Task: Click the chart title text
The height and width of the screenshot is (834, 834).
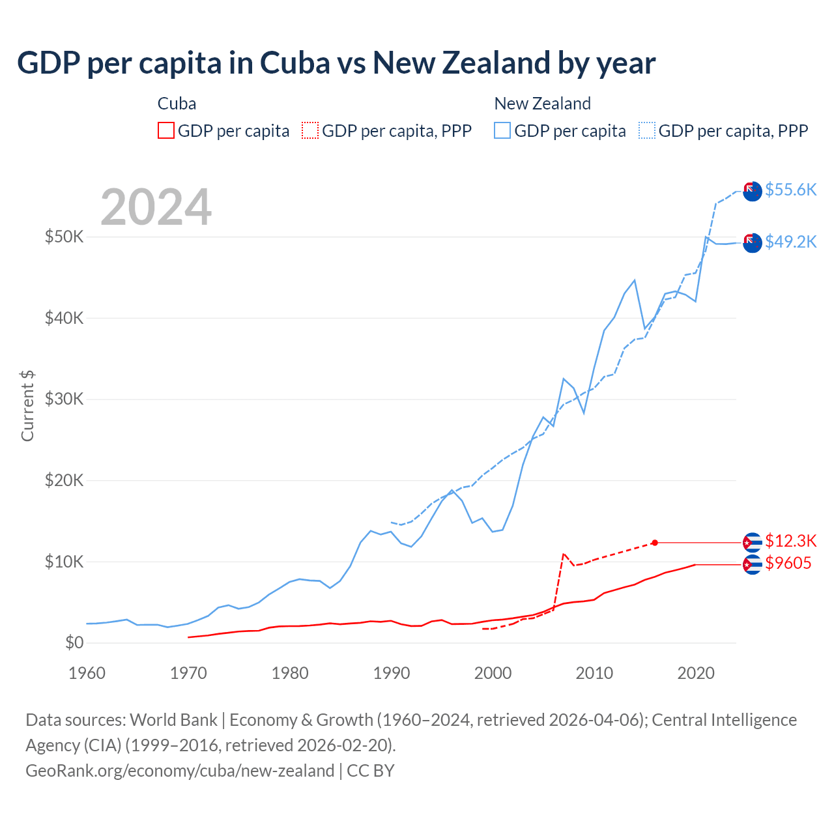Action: [x=336, y=63]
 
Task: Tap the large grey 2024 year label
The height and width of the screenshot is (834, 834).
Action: [x=156, y=207]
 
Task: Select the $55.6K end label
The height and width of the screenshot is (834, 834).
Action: [x=790, y=190]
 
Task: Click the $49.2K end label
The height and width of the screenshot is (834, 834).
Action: [x=790, y=242]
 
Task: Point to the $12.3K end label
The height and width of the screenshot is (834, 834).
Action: [x=790, y=541]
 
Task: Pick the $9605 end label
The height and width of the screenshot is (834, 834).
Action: [x=788, y=563]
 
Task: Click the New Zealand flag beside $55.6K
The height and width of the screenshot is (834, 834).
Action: [x=753, y=191]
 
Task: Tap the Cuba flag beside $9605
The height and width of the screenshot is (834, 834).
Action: [x=753, y=564]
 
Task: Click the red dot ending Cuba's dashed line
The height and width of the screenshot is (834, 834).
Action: [x=655, y=543]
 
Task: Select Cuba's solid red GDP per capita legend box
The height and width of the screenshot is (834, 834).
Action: [x=166, y=131]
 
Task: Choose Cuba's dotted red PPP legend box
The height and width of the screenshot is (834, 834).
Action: [x=310, y=131]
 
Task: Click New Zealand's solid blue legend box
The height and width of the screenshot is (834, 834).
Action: [x=502, y=131]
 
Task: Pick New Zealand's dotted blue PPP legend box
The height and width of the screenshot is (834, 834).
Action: [x=647, y=131]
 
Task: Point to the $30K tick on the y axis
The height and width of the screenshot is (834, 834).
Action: [x=64, y=399]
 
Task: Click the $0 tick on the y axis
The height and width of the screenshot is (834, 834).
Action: [x=74, y=642]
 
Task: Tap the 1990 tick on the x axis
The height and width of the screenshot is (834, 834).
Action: [x=392, y=673]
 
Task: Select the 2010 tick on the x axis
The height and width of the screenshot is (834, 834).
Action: [x=594, y=673]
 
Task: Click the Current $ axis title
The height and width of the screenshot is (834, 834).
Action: [x=27, y=405]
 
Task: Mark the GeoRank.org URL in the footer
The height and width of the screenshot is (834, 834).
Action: [x=180, y=771]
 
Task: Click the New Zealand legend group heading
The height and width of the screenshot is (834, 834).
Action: [x=542, y=104]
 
